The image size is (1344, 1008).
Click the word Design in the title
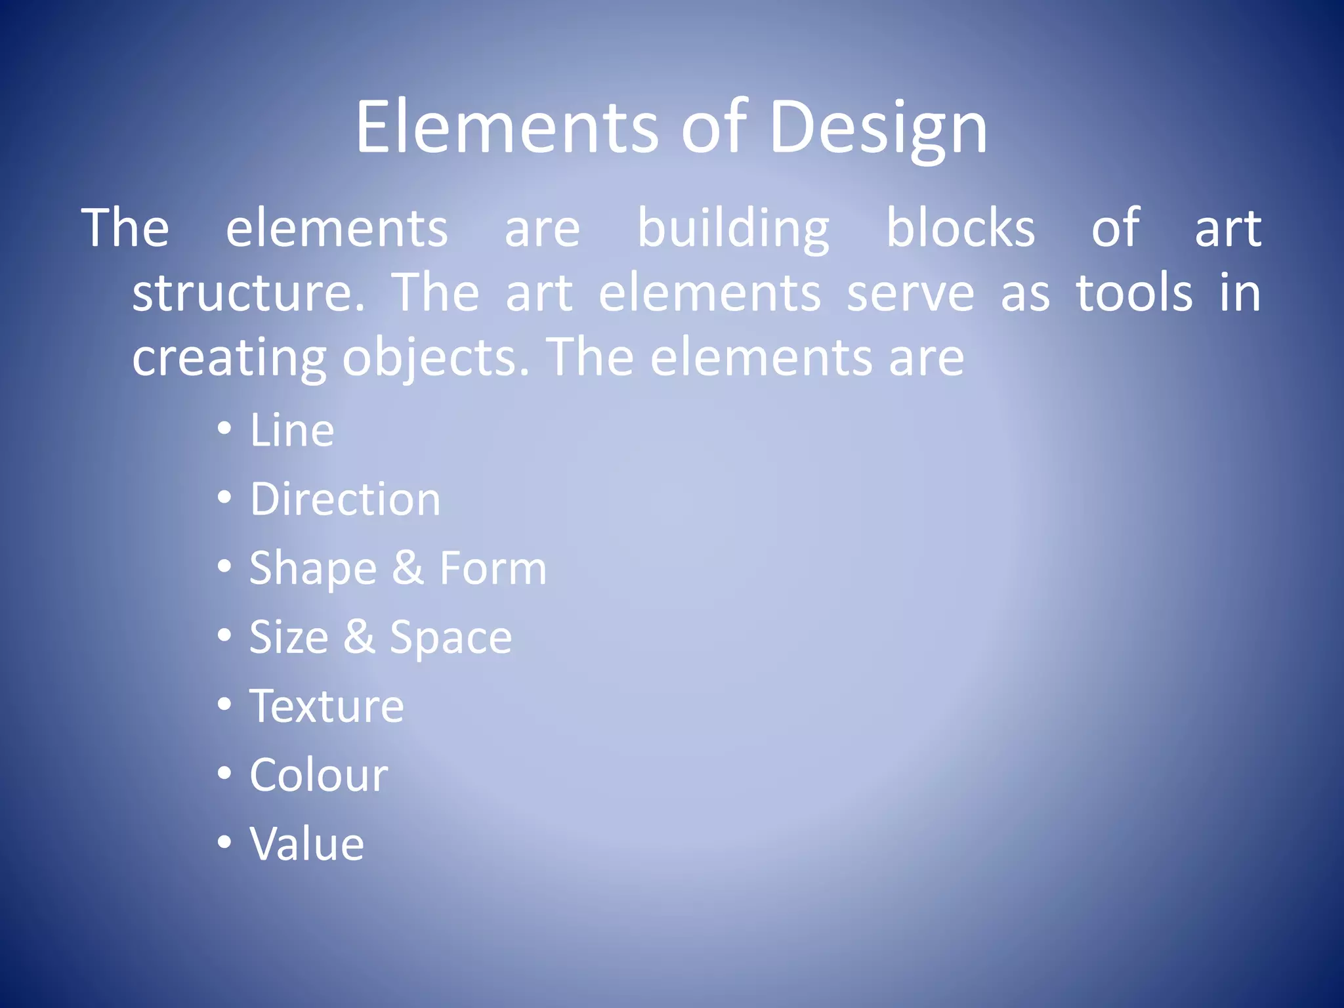(x=877, y=128)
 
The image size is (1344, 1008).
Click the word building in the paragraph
(x=733, y=228)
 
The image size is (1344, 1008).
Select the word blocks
(x=960, y=228)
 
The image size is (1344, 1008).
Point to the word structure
(x=248, y=293)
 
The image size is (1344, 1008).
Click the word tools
(x=1134, y=293)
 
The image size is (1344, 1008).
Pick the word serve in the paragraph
(x=910, y=293)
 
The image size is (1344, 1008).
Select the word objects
(x=435, y=358)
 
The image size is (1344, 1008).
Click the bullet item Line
(x=292, y=430)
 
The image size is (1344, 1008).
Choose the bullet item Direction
(x=345, y=499)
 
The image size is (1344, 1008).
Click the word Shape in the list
(x=313, y=569)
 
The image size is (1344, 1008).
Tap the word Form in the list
(x=493, y=568)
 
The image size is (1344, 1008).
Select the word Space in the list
(x=451, y=638)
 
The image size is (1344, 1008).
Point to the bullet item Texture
(x=327, y=706)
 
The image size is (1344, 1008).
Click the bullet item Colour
(x=319, y=775)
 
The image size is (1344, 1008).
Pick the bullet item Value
(x=306, y=844)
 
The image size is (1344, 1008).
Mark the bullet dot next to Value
(x=224, y=842)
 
